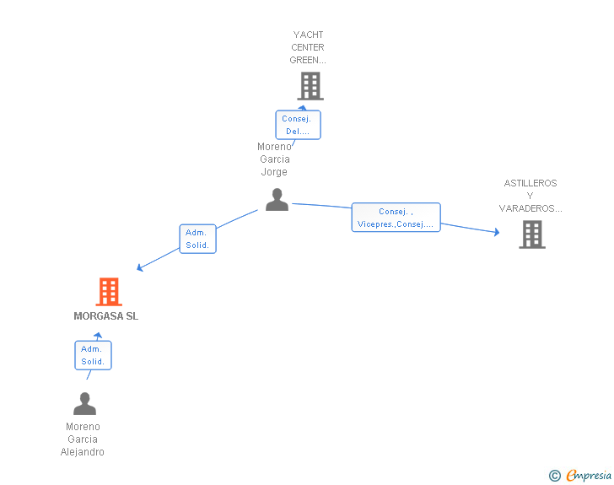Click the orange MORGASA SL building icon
[x=109, y=292]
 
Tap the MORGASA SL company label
[x=105, y=316]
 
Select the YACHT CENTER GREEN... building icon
[x=310, y=86]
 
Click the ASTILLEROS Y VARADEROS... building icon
[x=532, y=234]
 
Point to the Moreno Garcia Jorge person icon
[x=277, y=200]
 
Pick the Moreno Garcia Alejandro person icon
[x=84, y=403]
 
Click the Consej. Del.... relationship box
[x=298, y=125]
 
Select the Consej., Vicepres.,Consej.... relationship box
[x=396, y=218]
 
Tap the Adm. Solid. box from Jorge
[x=197, y=239]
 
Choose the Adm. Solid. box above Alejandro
[x=93, y=355]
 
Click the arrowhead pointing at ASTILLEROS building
[x=497, y=232]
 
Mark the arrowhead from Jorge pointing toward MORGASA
[x=139, y=268]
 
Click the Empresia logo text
[x=589, y=476]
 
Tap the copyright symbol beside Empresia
[x=555, y=476]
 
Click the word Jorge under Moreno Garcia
[x=274, y=172]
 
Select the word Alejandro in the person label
[x=83, y=452]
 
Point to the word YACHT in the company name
[x=308, y=35]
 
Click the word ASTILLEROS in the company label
[x=531, y=183]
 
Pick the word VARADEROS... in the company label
[x=531, y=208]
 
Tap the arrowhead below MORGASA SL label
[x=98, y=336]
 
